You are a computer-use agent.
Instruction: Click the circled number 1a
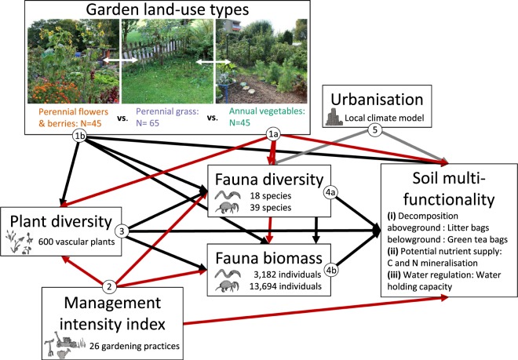pyautogui.click(x=273, y=135)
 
